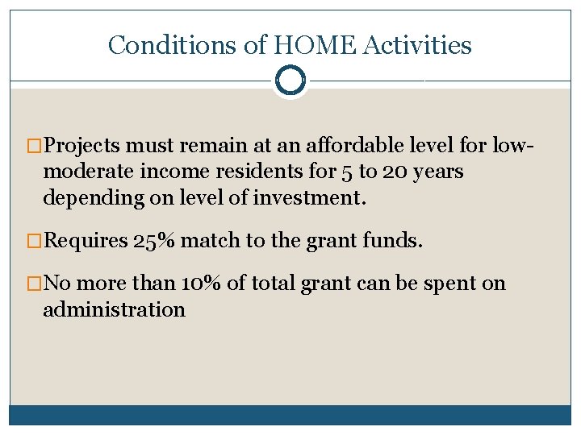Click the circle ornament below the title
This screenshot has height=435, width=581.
290,81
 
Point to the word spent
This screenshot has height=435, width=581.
442,284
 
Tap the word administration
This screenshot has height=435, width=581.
114,309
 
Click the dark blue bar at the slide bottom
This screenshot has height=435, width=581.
290,415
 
